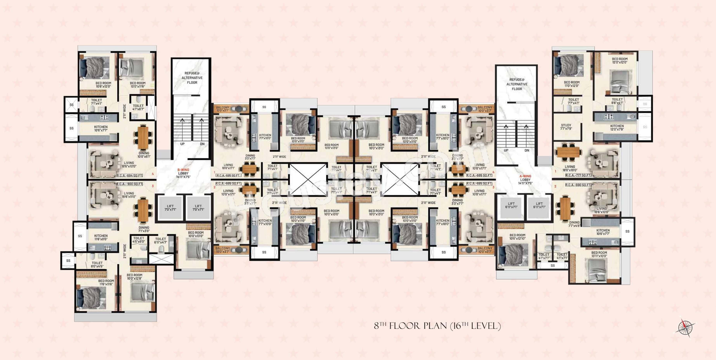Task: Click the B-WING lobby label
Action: pos(183,173)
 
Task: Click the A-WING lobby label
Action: pos(525,179)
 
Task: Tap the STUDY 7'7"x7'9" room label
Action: pos(566,127)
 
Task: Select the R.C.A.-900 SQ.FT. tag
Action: pos(130,184)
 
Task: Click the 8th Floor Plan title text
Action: pos(437,326)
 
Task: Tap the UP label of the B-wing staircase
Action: pos(182,144)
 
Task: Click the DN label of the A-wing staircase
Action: pos(527,150)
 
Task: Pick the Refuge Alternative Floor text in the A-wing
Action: pos(517,84)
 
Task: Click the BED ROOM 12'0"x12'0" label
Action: pos(620,60)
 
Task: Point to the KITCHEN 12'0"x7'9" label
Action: pos(617,127)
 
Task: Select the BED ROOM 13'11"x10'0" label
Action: pos(599,254)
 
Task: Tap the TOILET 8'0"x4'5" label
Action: pos(97,264)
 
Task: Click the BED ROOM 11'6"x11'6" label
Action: pos(106,282)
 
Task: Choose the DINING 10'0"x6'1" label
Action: pos(144,155)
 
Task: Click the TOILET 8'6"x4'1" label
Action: pos(617,101)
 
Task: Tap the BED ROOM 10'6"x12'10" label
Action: pos(517,237)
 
